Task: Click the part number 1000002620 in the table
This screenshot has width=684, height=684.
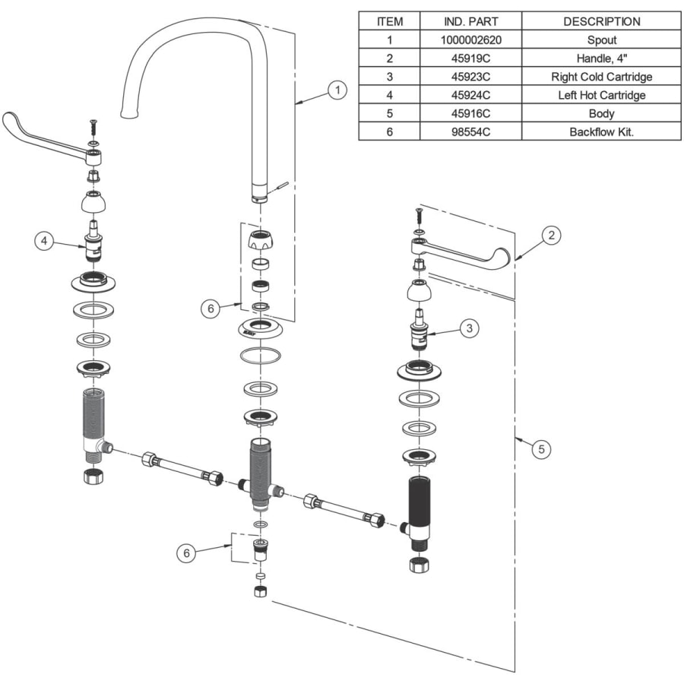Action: point(470,40)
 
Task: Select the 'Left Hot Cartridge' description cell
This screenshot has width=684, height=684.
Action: point(602,95)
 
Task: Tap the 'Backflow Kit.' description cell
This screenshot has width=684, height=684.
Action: point(602,131)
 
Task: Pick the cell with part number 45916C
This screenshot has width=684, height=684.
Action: point(470,113)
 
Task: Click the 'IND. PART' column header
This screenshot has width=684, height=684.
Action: point(470,21)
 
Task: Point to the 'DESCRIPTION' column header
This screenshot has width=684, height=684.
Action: point(602,21)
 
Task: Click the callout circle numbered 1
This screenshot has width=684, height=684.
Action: point(337,90)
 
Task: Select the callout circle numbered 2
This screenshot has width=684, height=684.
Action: point(552,236)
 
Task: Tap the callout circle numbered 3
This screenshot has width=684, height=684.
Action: point(470,328)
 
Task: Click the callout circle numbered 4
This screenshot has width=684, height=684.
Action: point(44,241)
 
